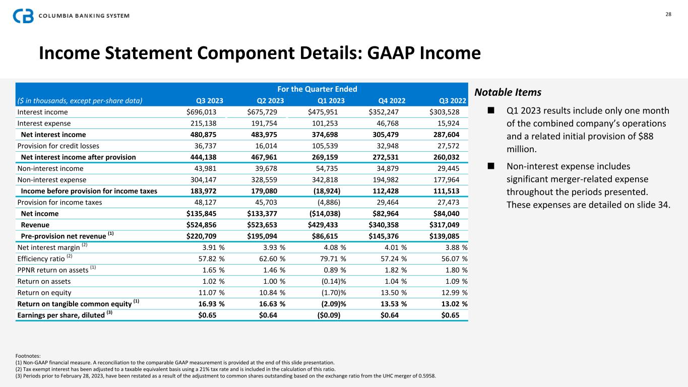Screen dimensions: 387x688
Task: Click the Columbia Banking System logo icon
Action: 23,15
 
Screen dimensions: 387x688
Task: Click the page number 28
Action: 668,14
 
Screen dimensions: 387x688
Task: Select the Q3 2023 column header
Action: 209,100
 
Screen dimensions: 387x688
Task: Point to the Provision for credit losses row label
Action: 50,146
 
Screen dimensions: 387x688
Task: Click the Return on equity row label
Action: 44,292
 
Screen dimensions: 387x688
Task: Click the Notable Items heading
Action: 508,93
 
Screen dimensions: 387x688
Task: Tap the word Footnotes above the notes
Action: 28,356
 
